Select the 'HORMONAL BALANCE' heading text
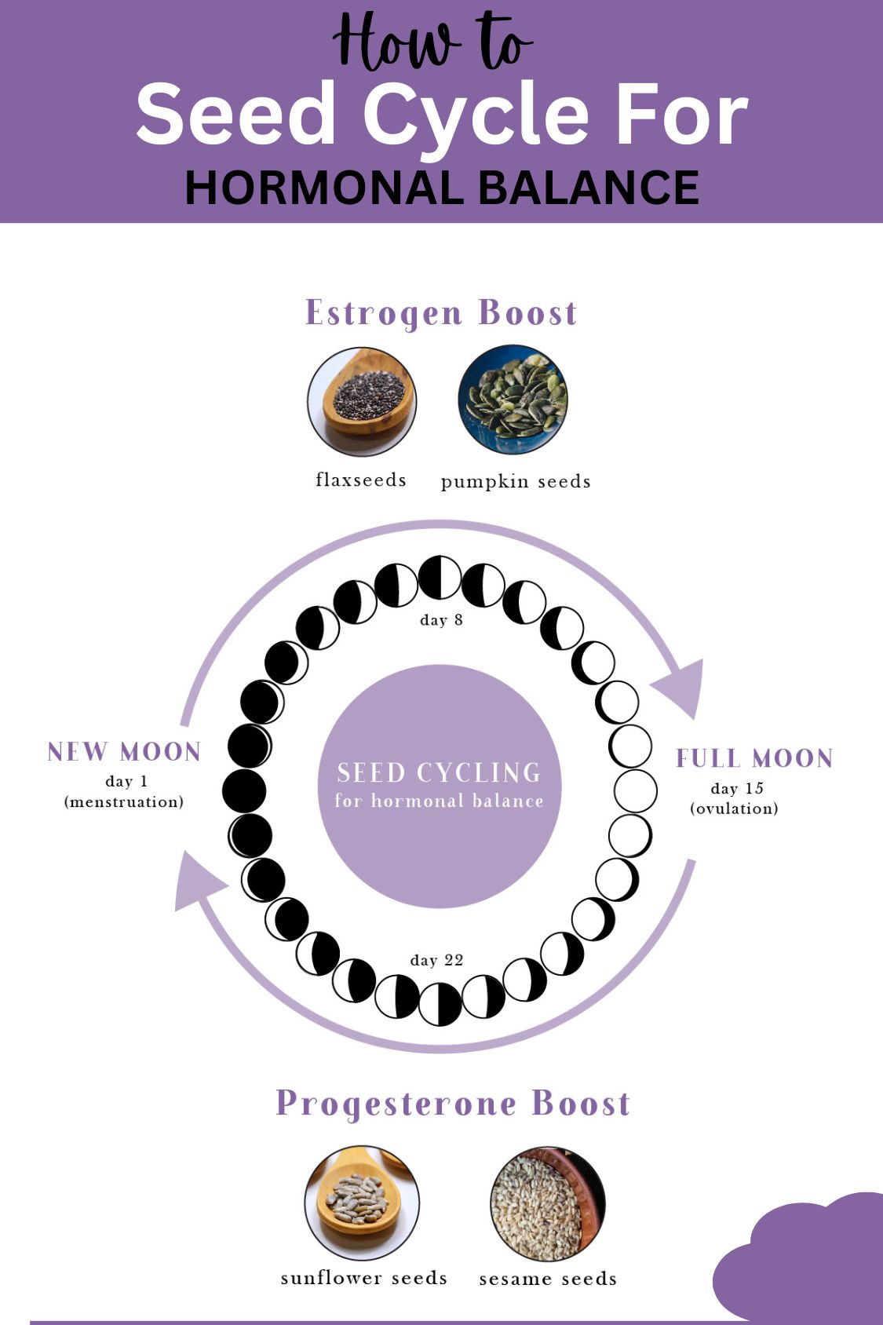[441, 188]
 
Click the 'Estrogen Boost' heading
[441, 312]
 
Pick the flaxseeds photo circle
[362, 401]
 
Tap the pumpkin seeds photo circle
[513, 400]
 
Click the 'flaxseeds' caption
[361, 480]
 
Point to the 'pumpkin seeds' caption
[516, 481]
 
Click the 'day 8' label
[441, 620]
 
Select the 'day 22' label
[437, 960]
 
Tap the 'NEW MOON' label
[125, 752]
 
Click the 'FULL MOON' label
[754, 758]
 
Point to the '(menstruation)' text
[124, 801]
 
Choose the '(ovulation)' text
[735, 809]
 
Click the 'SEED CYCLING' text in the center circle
[439, 772]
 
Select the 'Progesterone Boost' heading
[453, 1103]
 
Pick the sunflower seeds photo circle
[362, 1202]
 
